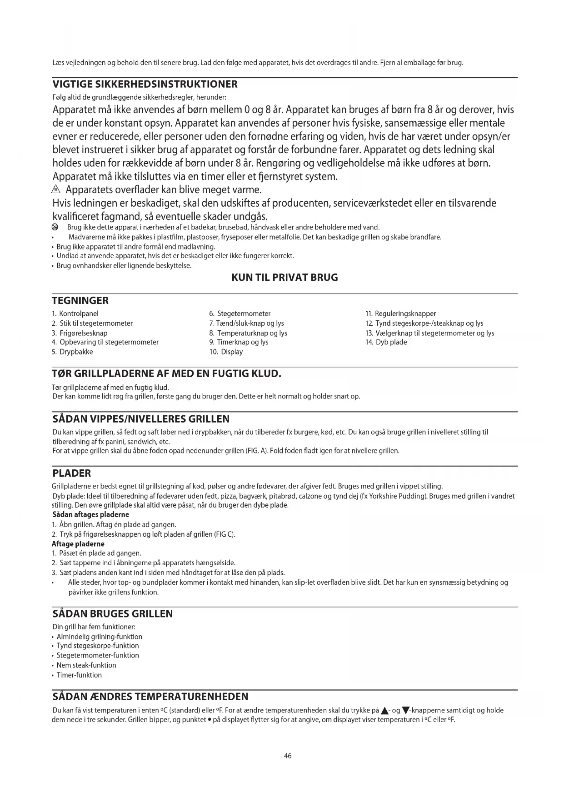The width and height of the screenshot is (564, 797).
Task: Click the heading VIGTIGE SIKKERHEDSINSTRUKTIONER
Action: (145, 85)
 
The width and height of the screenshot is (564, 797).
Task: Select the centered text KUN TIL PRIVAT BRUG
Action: (284, 278)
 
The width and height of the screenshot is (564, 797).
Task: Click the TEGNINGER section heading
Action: (80, 301)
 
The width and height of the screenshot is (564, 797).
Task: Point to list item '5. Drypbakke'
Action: (72, 352)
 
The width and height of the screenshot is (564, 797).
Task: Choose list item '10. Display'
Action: (226, 352)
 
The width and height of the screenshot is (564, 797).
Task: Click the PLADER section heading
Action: (72, 473)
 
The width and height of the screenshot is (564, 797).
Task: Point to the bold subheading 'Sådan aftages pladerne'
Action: (91, 515)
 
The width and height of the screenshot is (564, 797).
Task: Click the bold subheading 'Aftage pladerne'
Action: (78, 544)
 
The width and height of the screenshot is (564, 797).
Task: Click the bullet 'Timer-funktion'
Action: (79, 675)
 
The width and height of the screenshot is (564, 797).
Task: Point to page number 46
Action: (288, 756)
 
